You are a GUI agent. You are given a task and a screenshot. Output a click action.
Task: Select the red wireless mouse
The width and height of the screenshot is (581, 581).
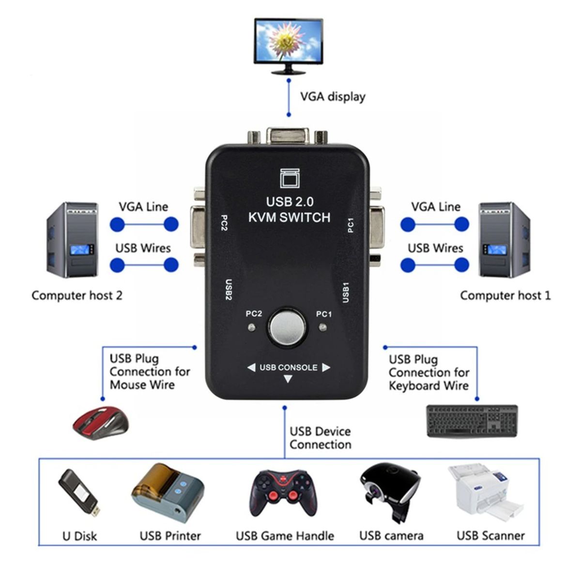click(101, 422)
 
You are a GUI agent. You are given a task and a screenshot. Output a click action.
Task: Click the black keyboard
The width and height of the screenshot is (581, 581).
click(472, 421)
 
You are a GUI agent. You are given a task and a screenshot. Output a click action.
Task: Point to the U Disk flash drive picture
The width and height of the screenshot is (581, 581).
click(79, 492)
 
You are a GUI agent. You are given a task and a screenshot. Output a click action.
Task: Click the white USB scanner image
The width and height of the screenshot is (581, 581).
click(485, 492)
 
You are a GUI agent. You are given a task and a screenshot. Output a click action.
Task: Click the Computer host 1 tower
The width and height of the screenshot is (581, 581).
click(504, 240)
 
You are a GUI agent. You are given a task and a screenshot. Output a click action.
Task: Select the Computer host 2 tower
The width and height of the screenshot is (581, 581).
click(73, 240)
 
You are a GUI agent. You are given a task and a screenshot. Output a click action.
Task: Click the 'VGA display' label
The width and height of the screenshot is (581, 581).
click(333, 96)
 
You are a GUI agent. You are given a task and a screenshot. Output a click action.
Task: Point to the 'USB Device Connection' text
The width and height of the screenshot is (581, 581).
click(320, 438)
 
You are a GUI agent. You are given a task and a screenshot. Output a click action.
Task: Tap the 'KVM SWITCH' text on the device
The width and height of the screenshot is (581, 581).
click(289, 217)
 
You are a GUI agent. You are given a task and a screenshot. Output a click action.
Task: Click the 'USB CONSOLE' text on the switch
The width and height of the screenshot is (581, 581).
click(289, 367)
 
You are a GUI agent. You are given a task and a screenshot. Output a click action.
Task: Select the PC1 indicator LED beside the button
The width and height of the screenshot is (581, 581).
click(323, 328)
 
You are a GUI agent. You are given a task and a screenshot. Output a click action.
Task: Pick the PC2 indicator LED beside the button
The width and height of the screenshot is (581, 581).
click(251, 328)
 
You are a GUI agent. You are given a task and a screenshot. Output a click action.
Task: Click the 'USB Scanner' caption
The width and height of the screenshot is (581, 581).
click(490, 535)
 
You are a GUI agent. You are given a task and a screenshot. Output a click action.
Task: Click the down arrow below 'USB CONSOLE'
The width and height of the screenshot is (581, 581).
click(288, 379)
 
